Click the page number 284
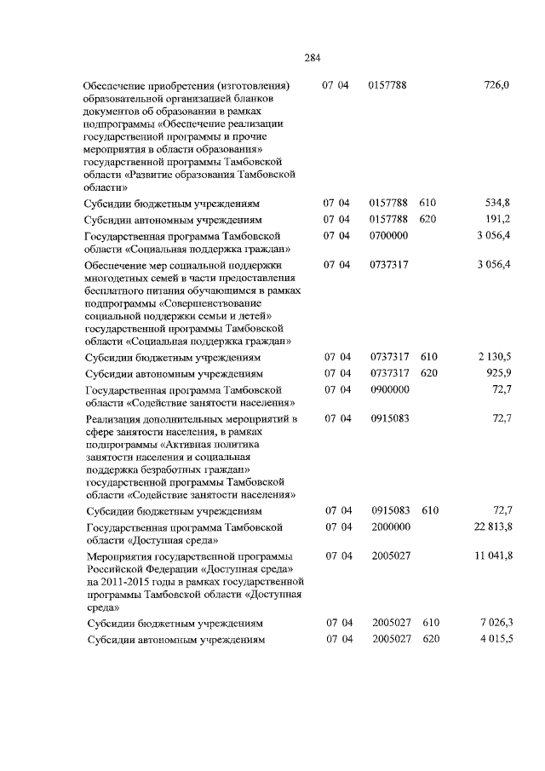[312, 58]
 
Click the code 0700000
[389, 235]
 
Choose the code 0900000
[389, 388]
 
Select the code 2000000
[389, 526]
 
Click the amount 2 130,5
[491, 358]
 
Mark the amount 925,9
[496, 373]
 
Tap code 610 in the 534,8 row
[427, 204]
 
